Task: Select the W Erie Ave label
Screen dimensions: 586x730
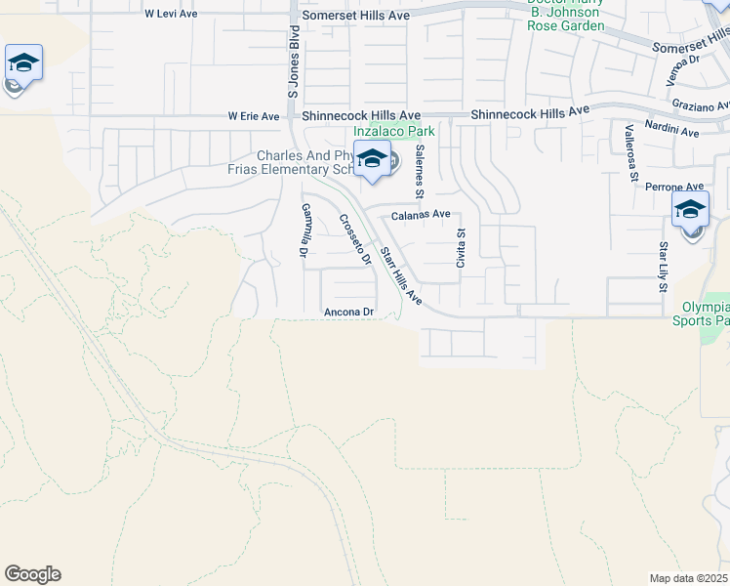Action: point(254,116)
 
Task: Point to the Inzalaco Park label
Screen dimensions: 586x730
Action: point(393,131)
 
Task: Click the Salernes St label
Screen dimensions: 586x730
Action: point(420,165)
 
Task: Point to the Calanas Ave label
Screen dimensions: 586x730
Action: point(421,214)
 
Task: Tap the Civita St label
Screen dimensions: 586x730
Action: point(462,248)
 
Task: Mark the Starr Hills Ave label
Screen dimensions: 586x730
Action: point(400,275)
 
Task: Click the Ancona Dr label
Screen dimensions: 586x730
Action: point(349,313)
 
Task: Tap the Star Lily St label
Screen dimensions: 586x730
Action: point(662,267)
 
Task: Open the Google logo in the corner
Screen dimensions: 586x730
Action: point(32,574)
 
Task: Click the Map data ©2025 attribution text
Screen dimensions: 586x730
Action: point(688,578)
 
